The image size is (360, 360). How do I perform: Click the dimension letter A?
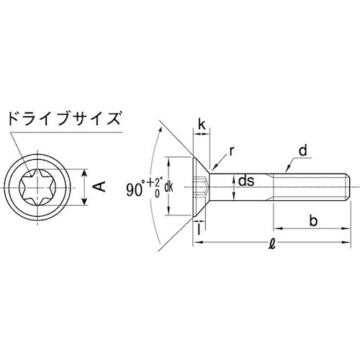(x=100, y=186)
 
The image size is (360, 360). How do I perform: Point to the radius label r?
(x=233, y=152)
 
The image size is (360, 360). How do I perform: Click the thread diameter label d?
(x=303, y=151)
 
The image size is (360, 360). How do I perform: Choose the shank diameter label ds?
(x=247, y=182)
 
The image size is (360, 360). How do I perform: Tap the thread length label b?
(x=313, y=220)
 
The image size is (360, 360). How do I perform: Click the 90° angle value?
(x=135, y=190)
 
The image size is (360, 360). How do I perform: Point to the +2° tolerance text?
(x=156, y=181)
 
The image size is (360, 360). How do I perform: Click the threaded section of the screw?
(x=310, y=186)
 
